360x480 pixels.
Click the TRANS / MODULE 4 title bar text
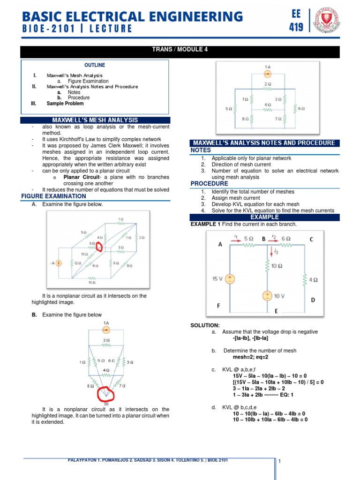pyautogui.click(x=180, y=50)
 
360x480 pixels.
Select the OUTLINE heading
pyautogui.click(x=95, y=65)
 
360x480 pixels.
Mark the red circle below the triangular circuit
pyautogui.click(x=107, y=395)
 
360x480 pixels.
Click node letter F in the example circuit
pyautogui.click(x=218, y=306)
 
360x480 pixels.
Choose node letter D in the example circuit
pyautogui.click(x=313, y=299)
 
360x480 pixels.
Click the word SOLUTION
pyautogui.click(x=205, y=325)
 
